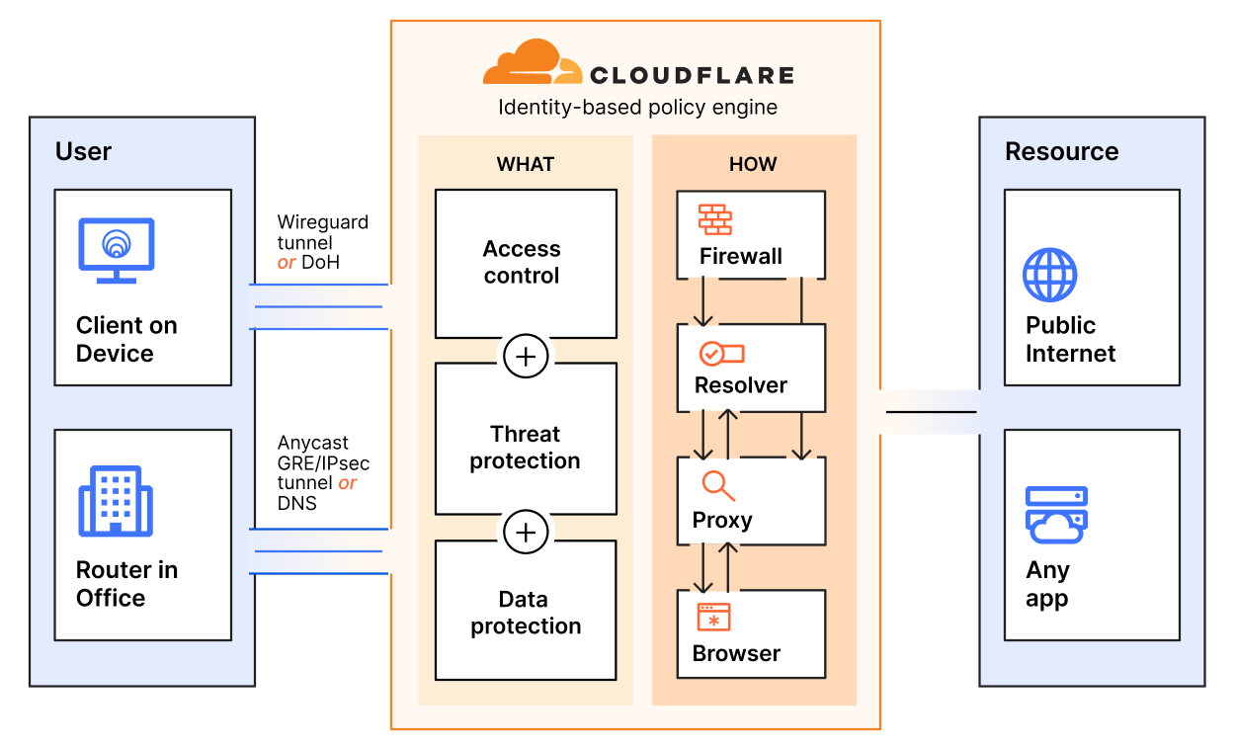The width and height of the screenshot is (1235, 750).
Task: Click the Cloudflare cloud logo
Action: pyautogui.click(x=533, y=63)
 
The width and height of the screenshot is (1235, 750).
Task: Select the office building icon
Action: pyautogui.click(x=116, y=502)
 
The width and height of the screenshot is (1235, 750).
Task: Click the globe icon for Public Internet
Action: pyautogui.click(x=1049, y=275)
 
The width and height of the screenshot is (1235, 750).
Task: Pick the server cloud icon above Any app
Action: pyautogui.click(x=1056, y=515)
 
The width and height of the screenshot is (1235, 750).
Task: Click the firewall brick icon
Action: pyautogui.click(x=714, y=218)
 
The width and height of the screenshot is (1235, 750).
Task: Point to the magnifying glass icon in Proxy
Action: pyautogui.click(x=718, y=486)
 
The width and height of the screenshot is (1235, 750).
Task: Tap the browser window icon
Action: pyautogui.click(x=713, y=618)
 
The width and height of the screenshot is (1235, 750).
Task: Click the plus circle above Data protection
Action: pyautogui.click(x=526, y=534)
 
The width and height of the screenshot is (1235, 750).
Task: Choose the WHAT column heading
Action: pyautogui.click(x=526, y=164)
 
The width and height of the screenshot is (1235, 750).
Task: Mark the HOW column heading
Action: pyautogui.click(x=753, y=164)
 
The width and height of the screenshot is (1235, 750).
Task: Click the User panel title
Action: pyautogui.click(x=83, y=151)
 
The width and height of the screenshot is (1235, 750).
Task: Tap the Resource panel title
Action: pyautogui.click(x=1061, y=151)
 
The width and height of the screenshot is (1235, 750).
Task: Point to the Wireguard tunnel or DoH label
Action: pyautogui.click(x=322, y=242)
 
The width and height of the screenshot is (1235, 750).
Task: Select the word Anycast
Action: pyautogui.click(x=312, y=443)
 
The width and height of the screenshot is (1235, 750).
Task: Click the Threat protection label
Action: pyautogui.click(x=526, y=448)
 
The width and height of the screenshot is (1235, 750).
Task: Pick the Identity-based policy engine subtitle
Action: pyautogui.click(x=637, y=108)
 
